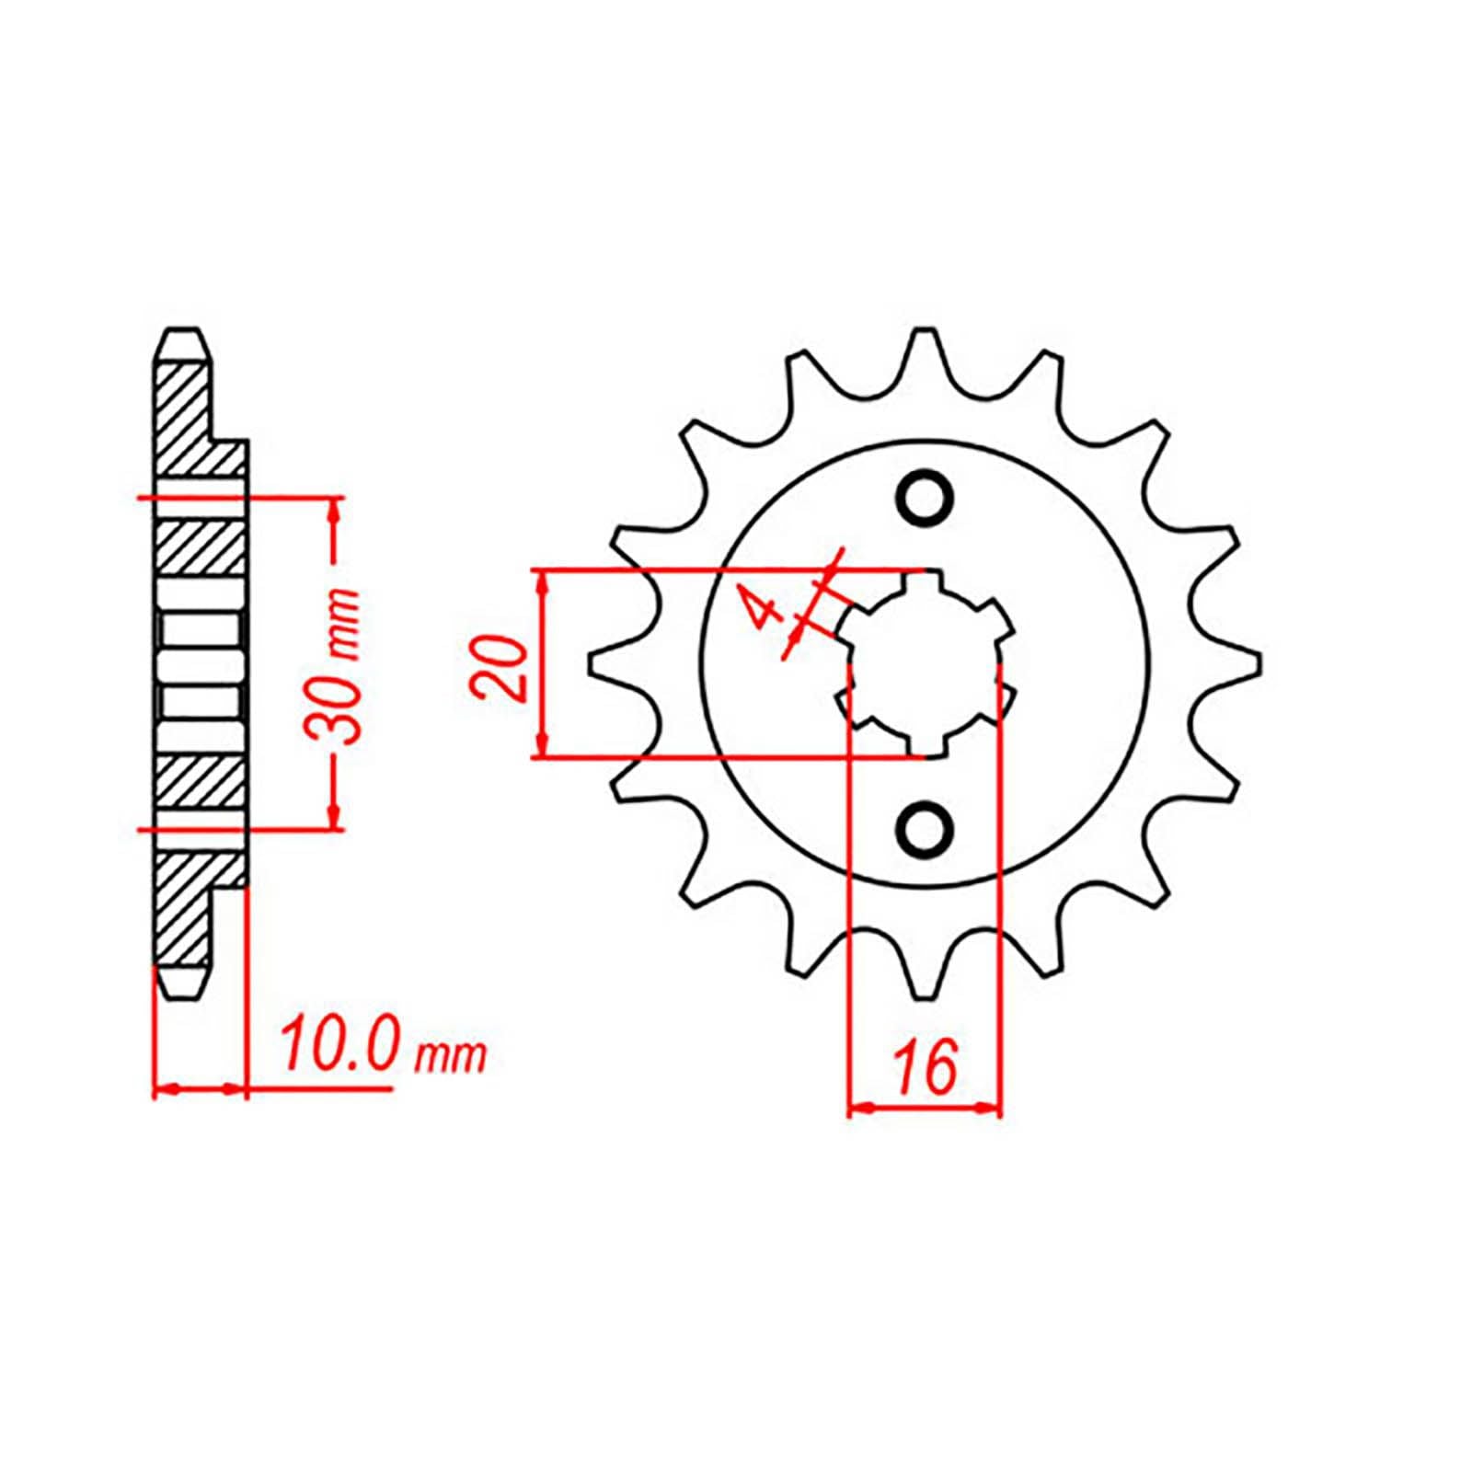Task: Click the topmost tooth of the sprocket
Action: coord(924,354)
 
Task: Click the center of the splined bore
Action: coord(924,662)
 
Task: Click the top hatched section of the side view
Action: coord(189,419)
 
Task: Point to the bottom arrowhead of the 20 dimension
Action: coord(544,746)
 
